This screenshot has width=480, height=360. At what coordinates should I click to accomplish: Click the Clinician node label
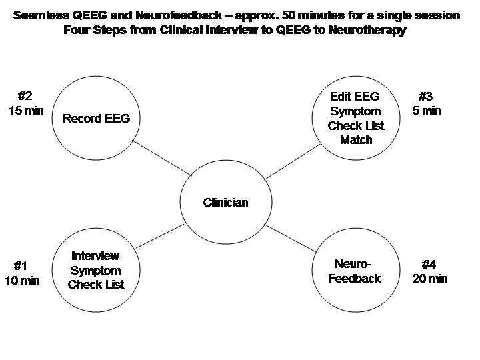point(225,203)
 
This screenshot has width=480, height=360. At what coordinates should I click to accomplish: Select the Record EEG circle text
point(97,119)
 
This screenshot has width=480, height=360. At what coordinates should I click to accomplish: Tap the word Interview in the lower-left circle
point(95,256)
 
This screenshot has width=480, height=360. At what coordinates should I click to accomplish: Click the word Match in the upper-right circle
point(356,140)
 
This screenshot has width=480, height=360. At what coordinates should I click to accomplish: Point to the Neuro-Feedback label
point(354,271)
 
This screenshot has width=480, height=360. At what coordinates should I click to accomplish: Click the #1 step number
point(21,266)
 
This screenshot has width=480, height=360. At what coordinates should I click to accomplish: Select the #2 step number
point(25,96)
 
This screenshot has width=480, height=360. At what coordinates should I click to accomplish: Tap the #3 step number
point(425,97)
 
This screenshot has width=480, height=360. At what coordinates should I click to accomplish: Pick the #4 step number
point(429,264)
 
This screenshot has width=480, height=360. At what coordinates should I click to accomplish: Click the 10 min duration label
point(22,281)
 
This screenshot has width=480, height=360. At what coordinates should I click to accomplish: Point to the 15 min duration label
point(26,111)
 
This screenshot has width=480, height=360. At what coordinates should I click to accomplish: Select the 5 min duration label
point(427,111)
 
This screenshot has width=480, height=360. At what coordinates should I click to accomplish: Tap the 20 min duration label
point(430,279)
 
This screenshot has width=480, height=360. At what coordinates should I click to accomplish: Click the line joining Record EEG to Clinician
point(162,158)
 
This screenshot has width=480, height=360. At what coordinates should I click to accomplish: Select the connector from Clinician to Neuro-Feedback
point(290,238)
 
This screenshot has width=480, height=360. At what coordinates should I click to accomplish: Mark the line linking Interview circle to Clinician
point(160,236)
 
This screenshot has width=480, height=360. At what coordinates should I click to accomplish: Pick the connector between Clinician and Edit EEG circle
point(292,162)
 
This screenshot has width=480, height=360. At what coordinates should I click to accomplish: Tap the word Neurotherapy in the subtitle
point(367,30)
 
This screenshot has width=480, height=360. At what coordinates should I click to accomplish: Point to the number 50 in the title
point(288,15)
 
